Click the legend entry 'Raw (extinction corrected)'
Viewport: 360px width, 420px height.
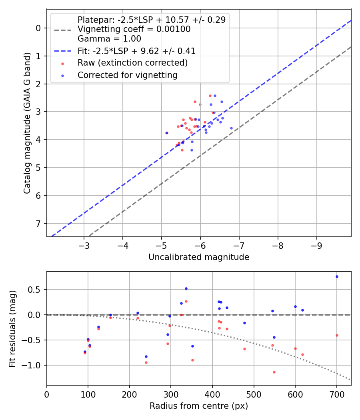pos(132,63)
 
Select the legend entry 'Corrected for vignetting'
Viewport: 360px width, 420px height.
pos(127,75)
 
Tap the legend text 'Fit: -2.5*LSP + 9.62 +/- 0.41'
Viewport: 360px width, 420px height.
pos(136,51)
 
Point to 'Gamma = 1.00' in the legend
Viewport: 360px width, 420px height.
pos(109,39)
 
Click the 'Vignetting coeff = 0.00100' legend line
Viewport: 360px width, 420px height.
pos(134,29)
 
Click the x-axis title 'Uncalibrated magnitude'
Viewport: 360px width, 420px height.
pos(199,257)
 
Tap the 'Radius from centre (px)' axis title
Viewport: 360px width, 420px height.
pos(199,406)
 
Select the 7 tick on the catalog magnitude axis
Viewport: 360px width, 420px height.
pos(39,224)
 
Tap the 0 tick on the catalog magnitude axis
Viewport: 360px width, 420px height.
pos(39,28)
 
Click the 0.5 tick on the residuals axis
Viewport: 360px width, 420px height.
pos(36,290)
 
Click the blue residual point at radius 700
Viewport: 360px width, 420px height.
pos(337,276)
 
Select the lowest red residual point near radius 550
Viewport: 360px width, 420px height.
pos(274,372)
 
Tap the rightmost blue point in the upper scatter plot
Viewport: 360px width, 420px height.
pos(231,128)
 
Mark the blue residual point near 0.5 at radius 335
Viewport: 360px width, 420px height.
pos(186,288)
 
